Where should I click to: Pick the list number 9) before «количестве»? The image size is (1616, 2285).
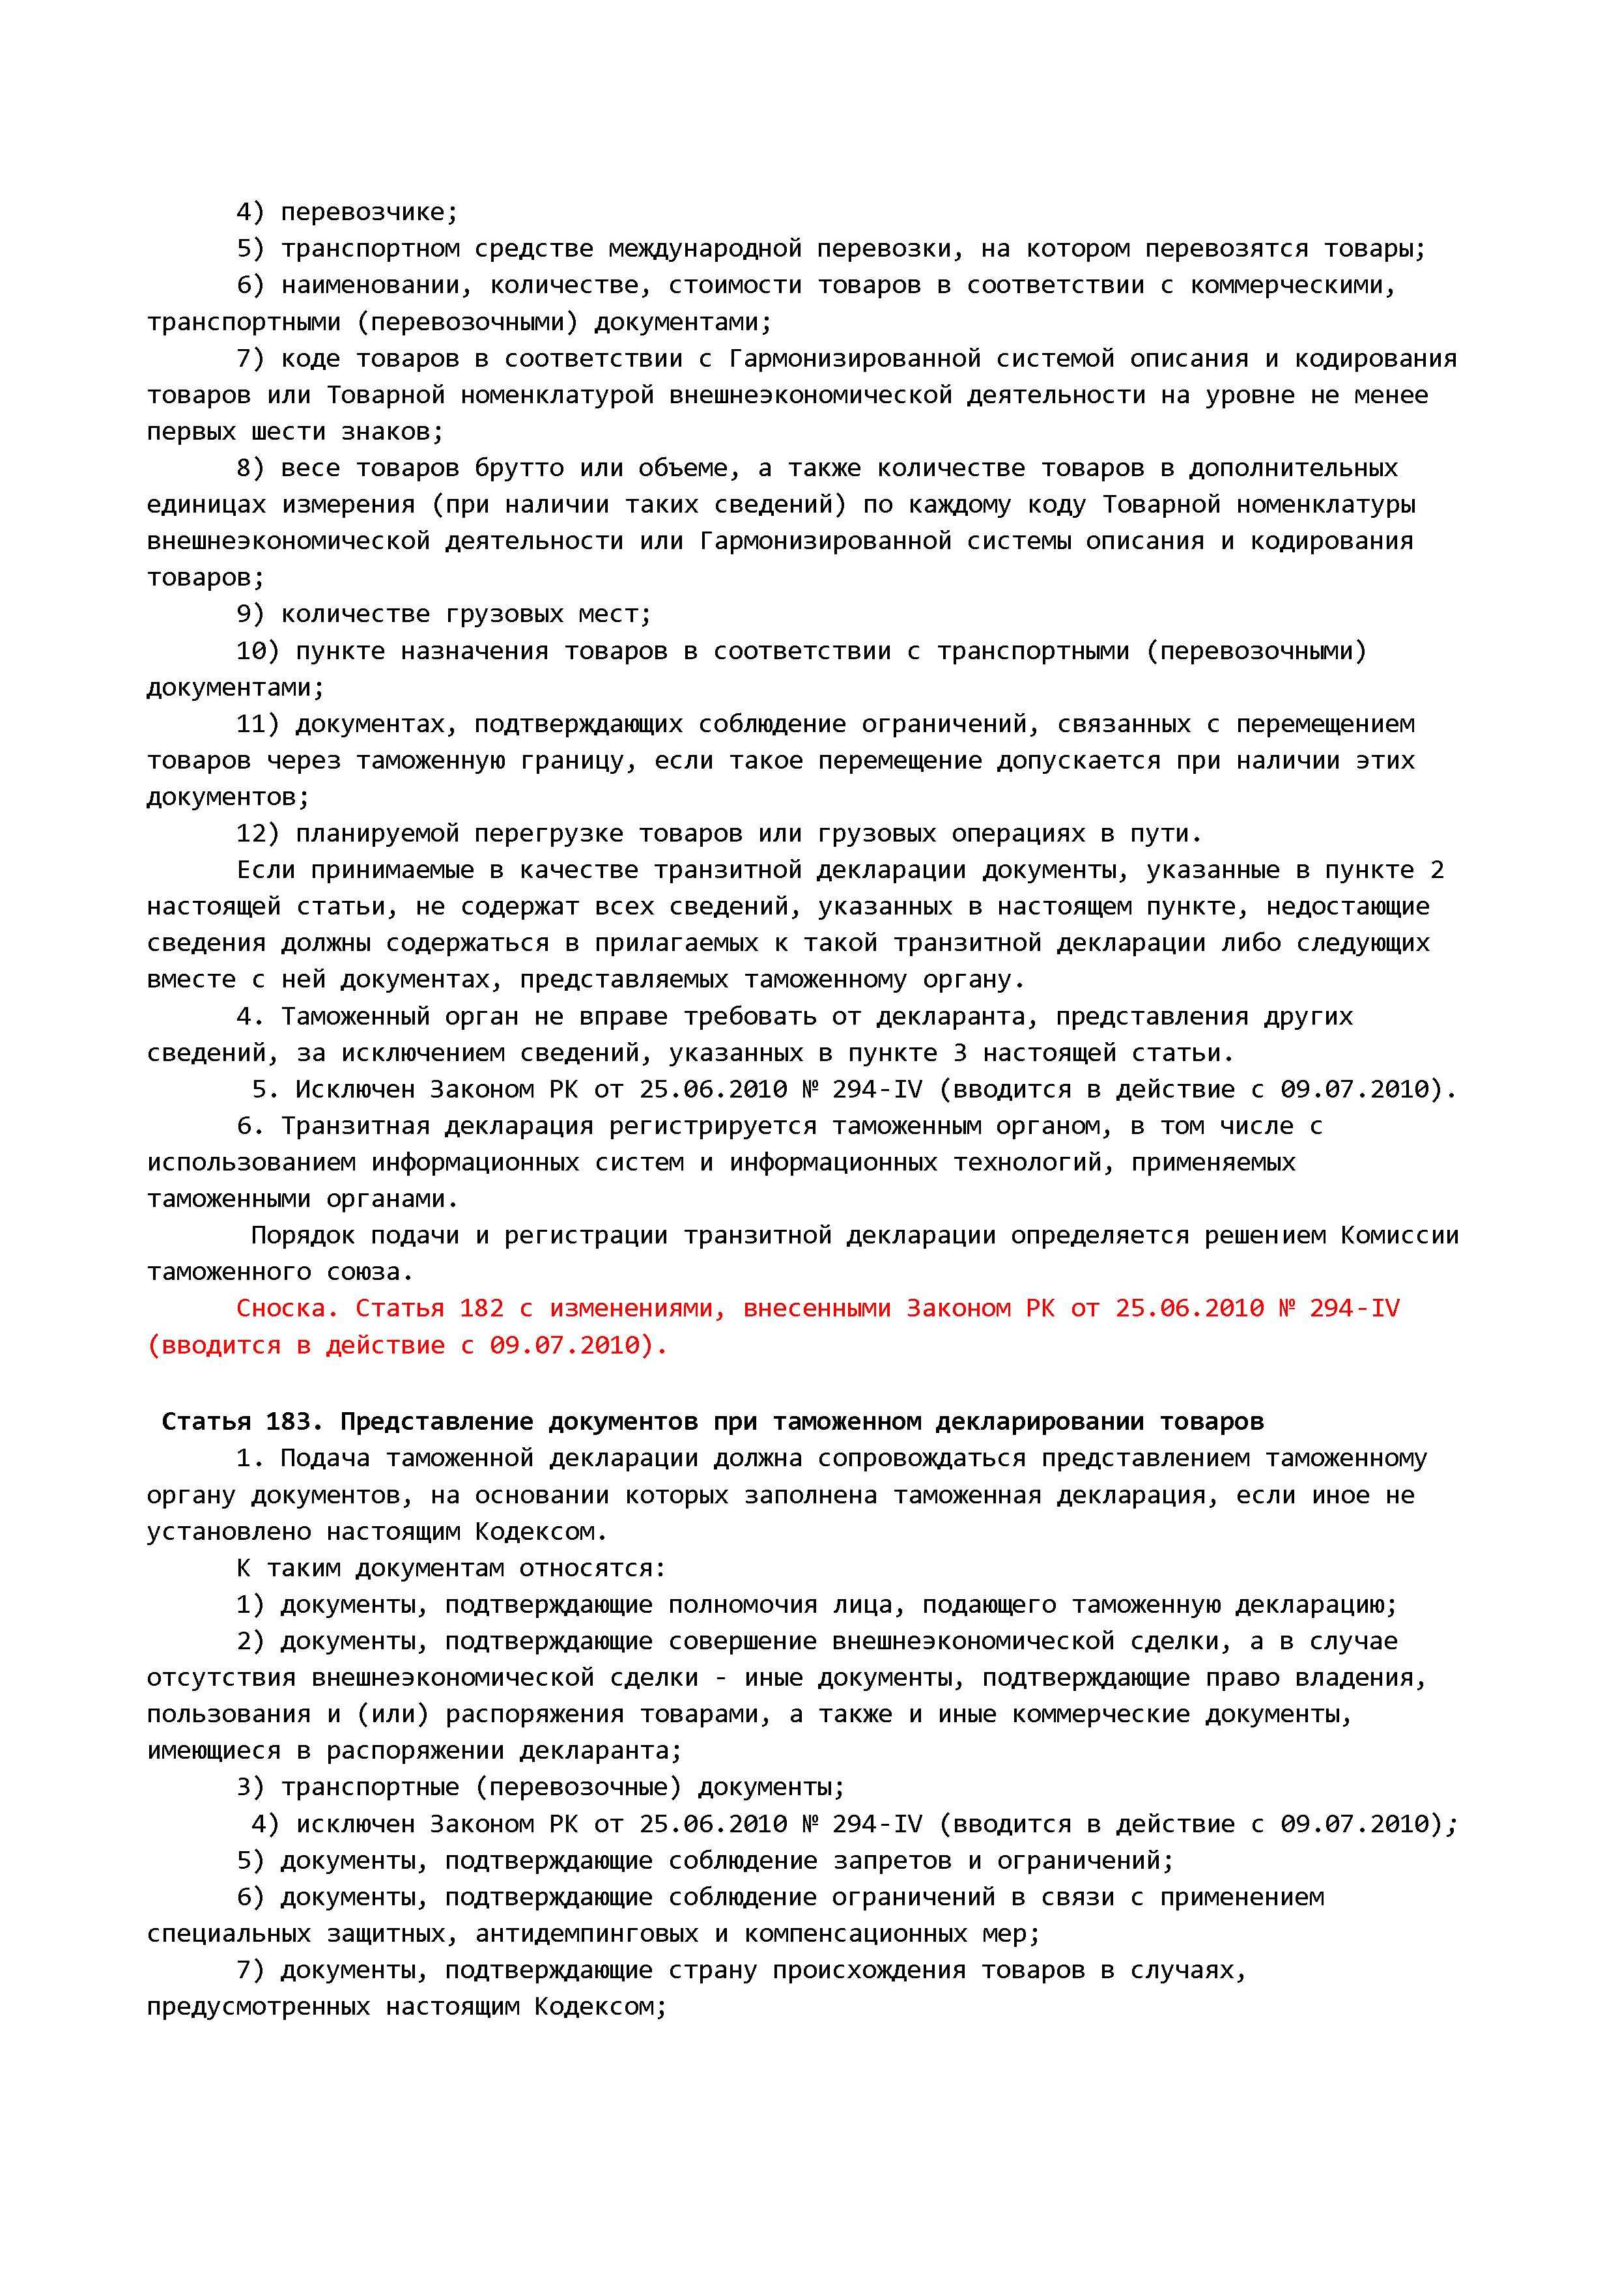(249, 614)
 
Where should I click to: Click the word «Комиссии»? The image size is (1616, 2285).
(1399, 1236)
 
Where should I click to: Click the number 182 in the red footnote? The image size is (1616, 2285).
(481, 1309)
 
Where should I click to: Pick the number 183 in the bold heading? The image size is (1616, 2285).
(288, 1421)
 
